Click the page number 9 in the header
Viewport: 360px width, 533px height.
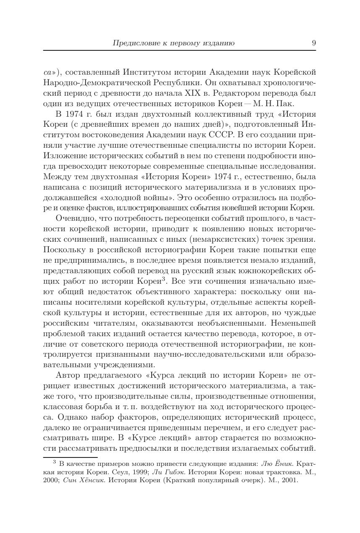tap(313, 43)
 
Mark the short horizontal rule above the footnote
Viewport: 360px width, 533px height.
tap(70, 457)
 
